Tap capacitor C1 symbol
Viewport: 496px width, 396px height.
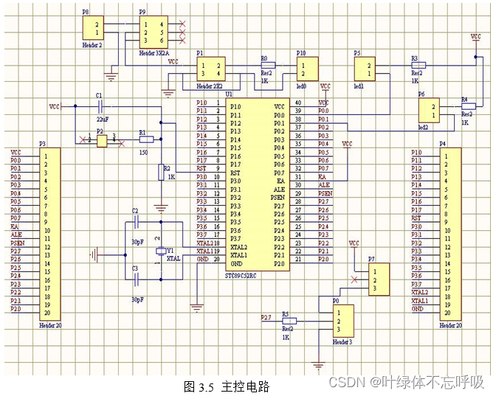[100, 107]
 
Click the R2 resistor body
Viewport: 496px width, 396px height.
[161, 173]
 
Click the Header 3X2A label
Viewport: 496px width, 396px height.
[155, 54]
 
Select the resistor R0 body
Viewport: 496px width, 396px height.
[267, 65]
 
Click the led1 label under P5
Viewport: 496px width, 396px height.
[359, 86]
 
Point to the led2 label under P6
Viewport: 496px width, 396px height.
[424, 128]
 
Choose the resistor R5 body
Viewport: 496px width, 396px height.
[289, 322]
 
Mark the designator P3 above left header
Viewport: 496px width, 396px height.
[42, 144]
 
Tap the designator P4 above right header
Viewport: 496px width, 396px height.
[442, 144]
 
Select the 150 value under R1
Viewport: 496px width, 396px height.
[143, 151]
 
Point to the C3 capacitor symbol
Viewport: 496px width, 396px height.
[136, 278]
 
